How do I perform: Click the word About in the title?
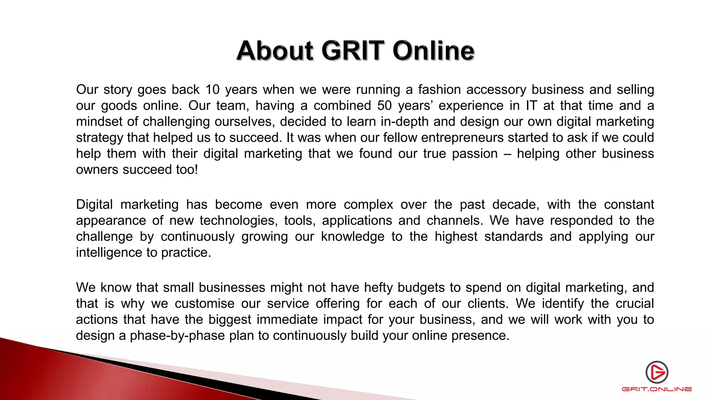click(x=275, y=51)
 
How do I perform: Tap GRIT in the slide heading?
click(x=353, y=51)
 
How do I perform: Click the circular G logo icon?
click(x=657, y=372)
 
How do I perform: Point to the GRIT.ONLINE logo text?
click(x=657, y=389)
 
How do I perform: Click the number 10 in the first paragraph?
click(x=212, y=90)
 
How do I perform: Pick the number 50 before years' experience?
click(x=385, y=106)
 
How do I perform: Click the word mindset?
click(x=99, y=122)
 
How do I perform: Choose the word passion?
click(x=475, y=154)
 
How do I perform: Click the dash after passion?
click(x=507, y=154)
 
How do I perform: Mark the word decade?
click(x=517, y=205)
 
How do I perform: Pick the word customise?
click(x=204, y=303)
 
